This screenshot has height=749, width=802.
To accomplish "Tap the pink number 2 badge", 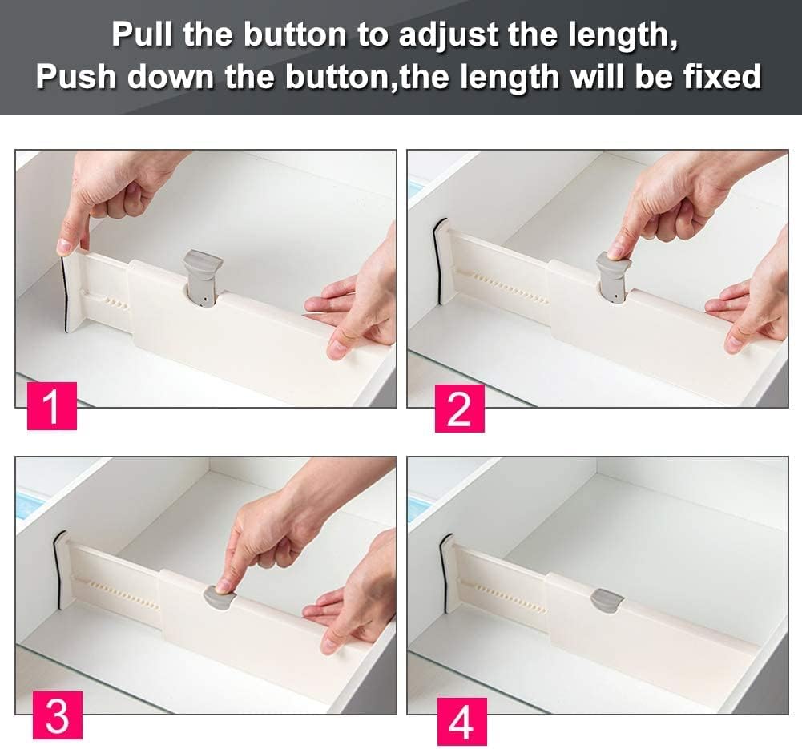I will tap(459, 409).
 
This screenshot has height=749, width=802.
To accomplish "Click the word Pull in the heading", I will tap(143, 35).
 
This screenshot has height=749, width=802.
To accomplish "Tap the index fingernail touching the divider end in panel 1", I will tap(62, 244).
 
